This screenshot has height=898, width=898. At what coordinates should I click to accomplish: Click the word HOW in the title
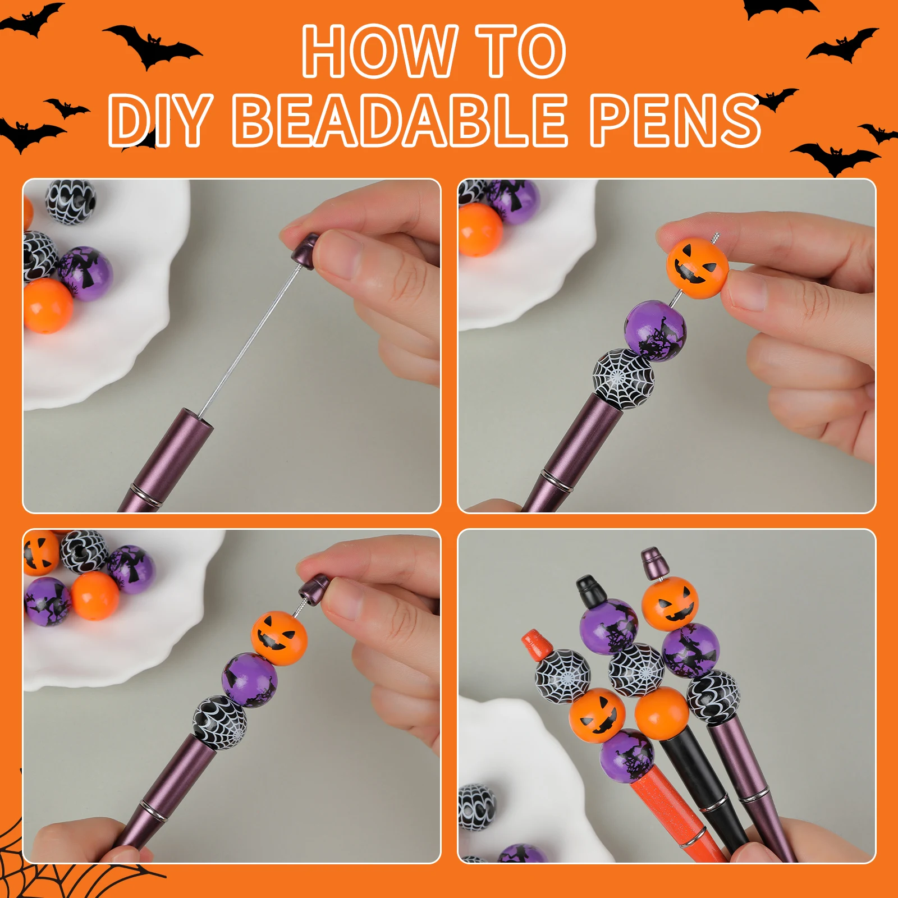379,52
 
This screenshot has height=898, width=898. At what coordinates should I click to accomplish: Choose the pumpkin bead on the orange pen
597,716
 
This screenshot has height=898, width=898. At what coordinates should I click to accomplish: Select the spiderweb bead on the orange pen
563,676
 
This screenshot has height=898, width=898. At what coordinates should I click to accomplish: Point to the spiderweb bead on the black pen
636,670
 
